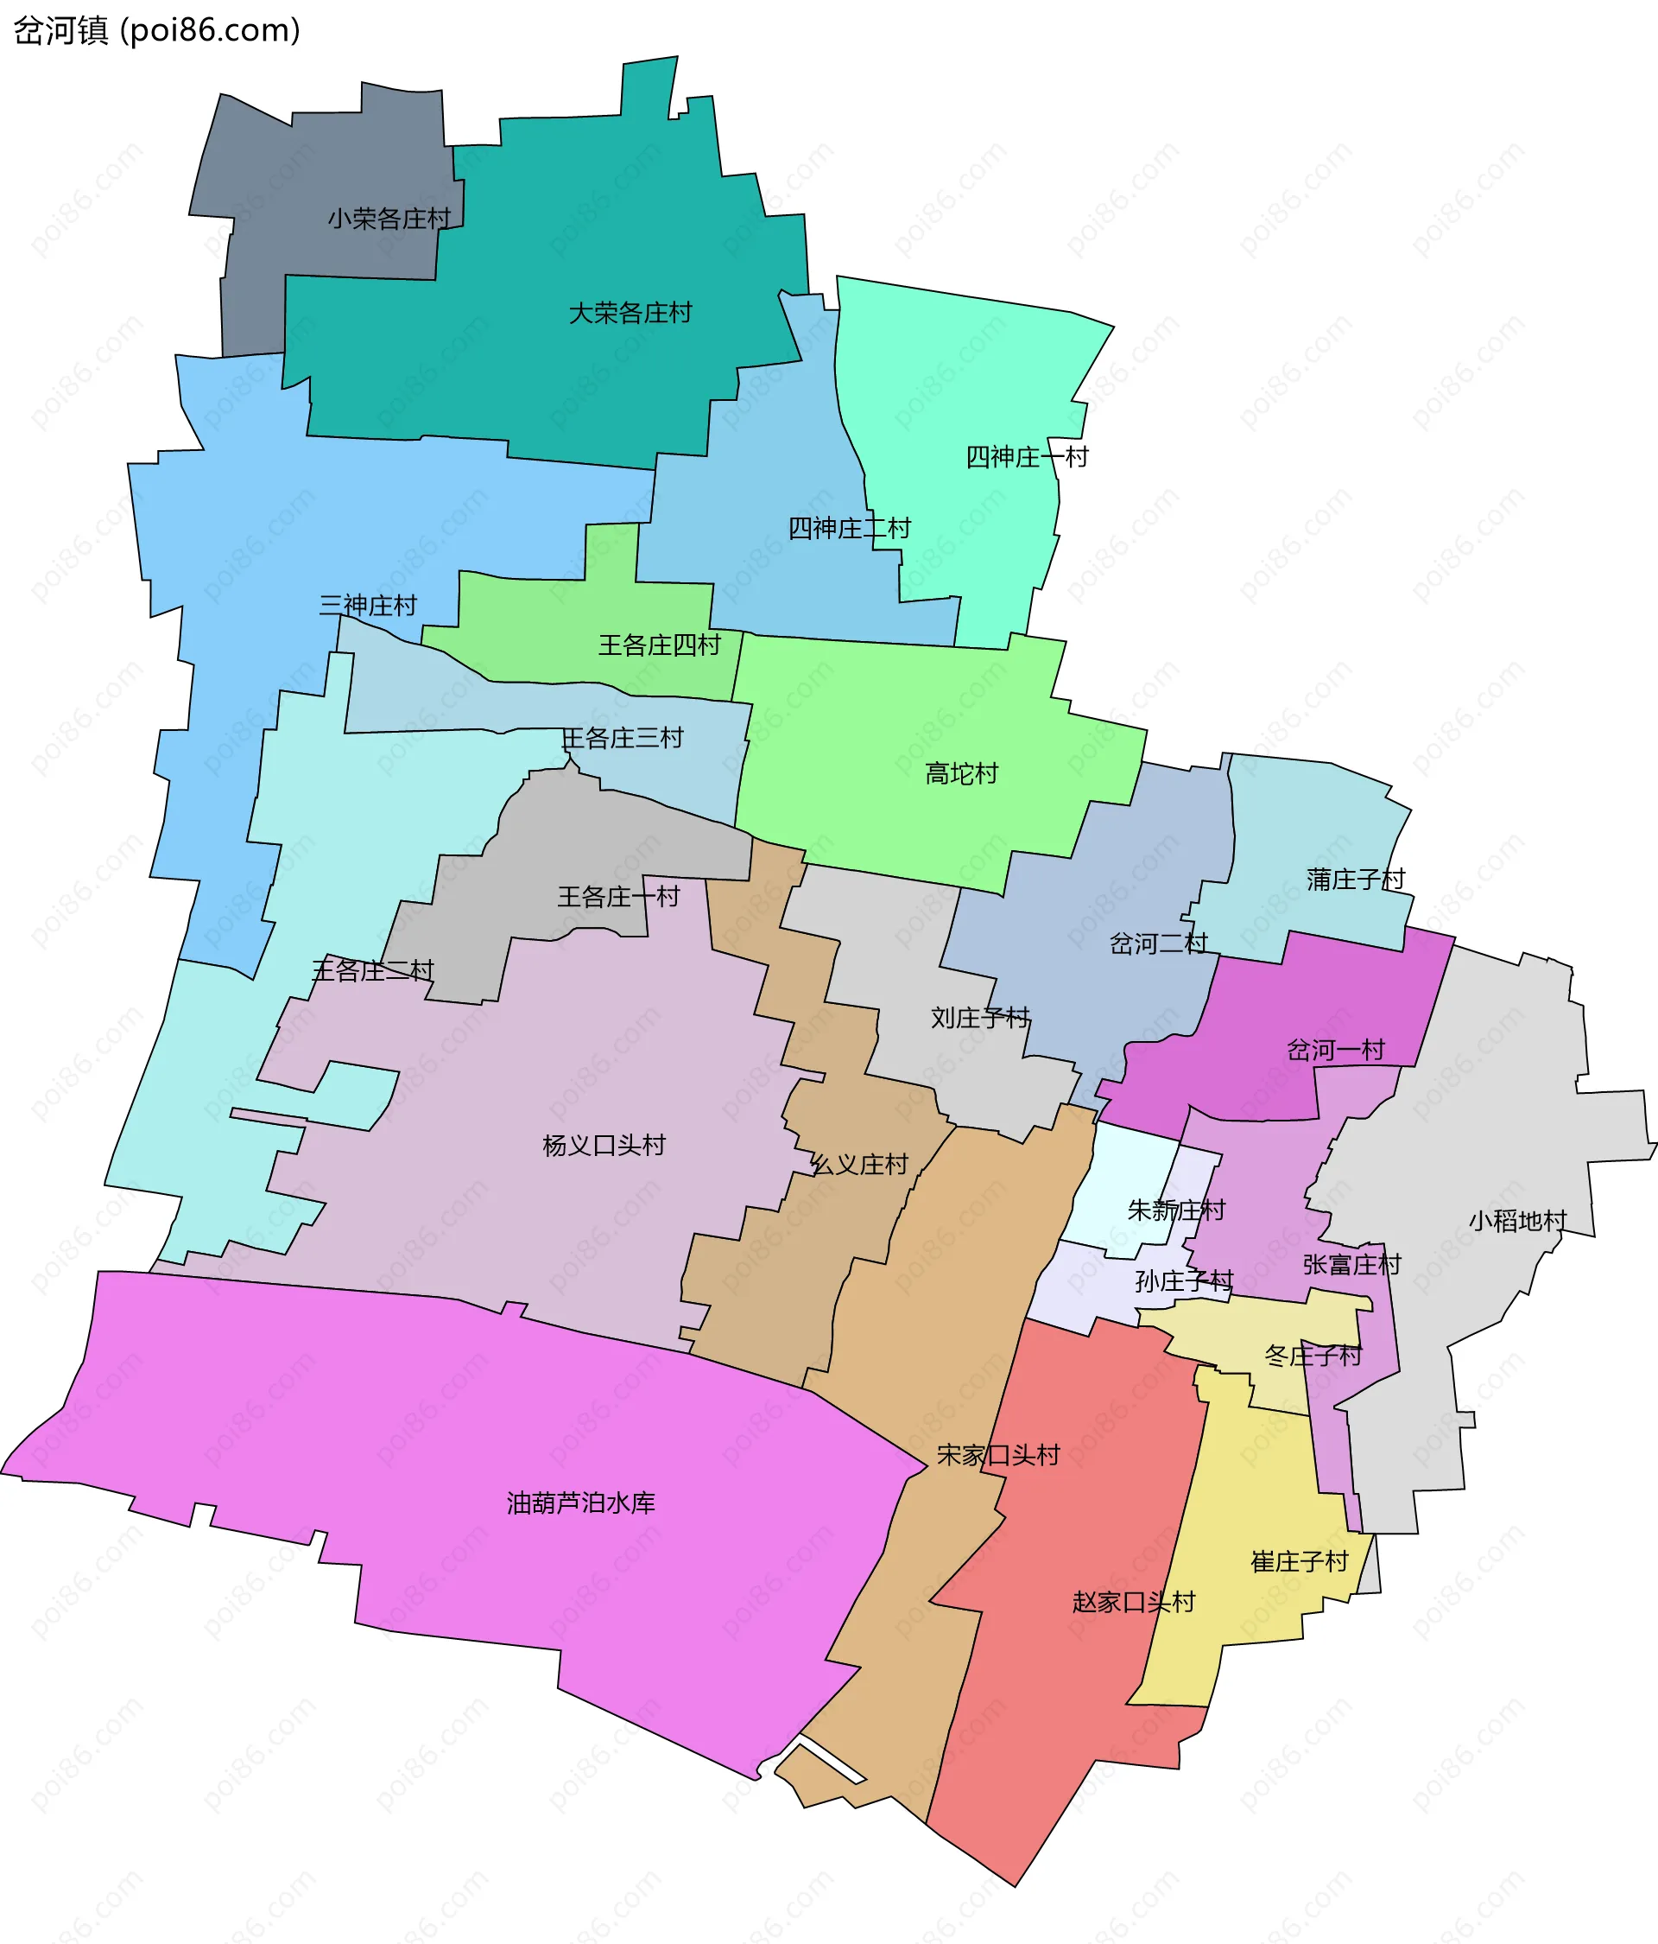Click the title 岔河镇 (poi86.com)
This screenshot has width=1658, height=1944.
pyautogui.click(x=156, y=31)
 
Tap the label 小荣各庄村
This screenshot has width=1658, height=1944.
pyautogui.click(x=389, y=219)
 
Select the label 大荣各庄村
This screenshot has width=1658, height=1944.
pyautogui.click(x=630, y=313)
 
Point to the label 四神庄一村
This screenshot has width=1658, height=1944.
pyautogui.click(x=1027, y=457)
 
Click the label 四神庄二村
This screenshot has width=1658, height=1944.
pyautogui.click(x=849, y=528)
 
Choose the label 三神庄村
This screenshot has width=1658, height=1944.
pyautogui.click(x=368, y=605)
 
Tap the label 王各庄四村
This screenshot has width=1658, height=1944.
pyautogui.click(x=659, y=645)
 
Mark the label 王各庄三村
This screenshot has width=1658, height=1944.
pyautogui.click(x=622, y=738)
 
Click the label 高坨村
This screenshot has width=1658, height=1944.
pyautogui.click(x=961, y=773)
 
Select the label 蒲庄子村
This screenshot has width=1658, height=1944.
pyautogui.click(x=1355, y=879)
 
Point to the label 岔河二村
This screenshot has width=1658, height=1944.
pyautogui.click(x=1158, y=943)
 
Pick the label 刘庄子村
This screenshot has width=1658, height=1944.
pyautogui.click(x=980, y=1017)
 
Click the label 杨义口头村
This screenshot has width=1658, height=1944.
pyautogui.click(x=604, y=1145)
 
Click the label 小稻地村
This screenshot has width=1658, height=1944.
pyautogui.click(x=1517, y=1221)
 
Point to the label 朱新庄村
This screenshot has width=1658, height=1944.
pyautogui.click(x=1176, y=1210)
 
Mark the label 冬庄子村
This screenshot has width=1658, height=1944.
pyautogui.click(x=1313, y=1355)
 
